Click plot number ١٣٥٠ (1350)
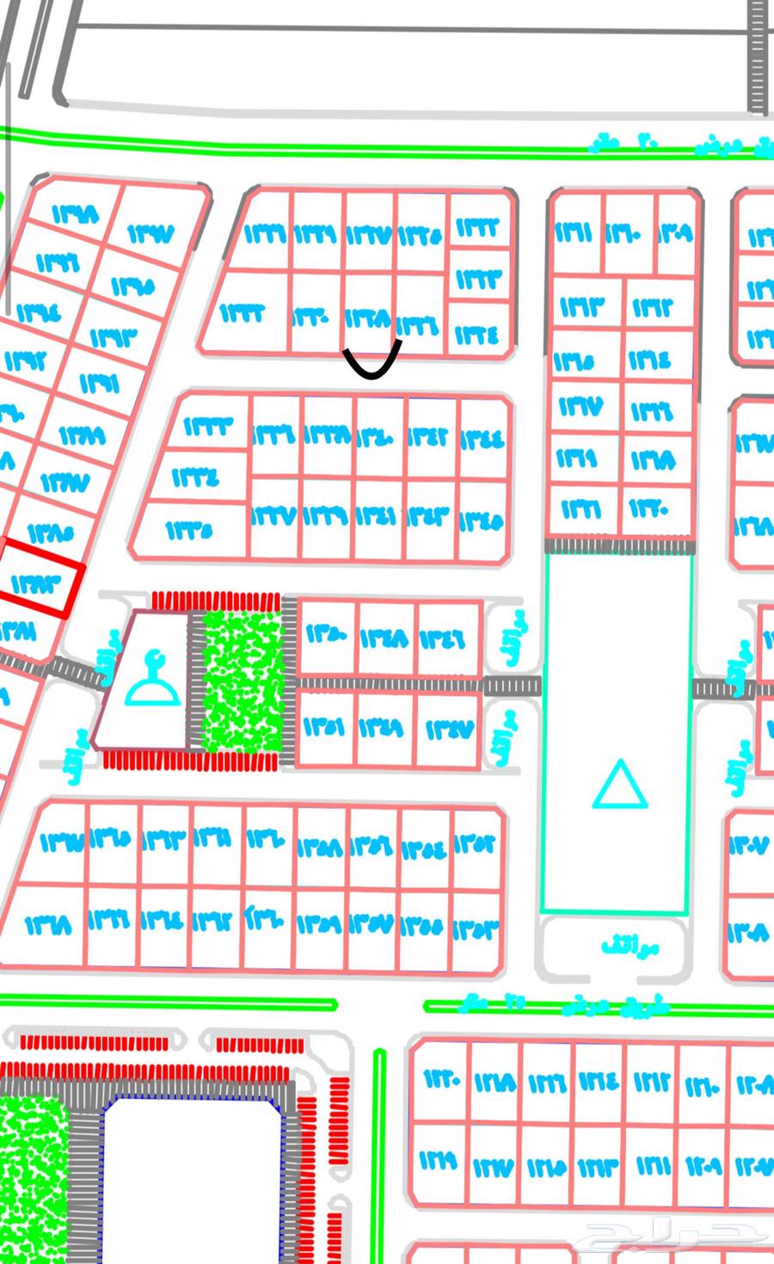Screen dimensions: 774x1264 (326, 637)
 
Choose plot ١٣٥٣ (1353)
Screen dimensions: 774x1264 (476, 929)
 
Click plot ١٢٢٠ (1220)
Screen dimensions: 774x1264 (439, 1079)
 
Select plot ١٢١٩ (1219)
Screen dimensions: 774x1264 (439, 1162)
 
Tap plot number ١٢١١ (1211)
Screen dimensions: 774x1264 (654, 1165)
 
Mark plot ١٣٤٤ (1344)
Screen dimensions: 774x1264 (482, 439)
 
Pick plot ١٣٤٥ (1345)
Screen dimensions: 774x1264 (482, 520)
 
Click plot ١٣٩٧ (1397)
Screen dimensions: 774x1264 (151, 233)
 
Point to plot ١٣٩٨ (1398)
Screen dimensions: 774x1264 (76, 213)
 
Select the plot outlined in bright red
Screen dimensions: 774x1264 (36, 584)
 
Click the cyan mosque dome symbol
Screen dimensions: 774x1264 (153, 681)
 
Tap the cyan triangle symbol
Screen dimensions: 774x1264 (619, 785)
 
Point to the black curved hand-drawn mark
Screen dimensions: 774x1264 (372, 363)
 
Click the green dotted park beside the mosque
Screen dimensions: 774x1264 (243, 681)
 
